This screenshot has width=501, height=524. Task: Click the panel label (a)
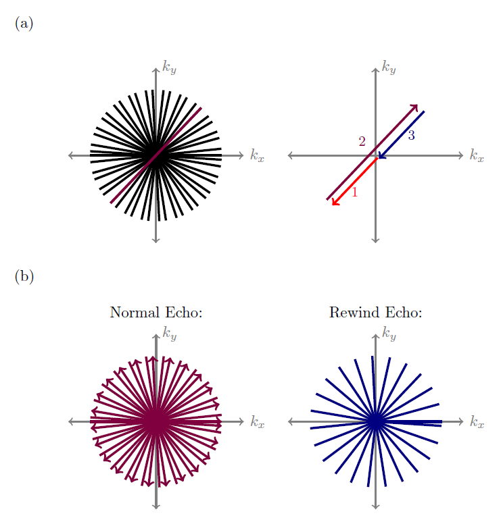23,24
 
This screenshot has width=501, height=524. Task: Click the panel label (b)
24,276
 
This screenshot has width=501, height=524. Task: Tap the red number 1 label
355,192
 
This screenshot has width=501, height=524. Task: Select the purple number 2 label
362,141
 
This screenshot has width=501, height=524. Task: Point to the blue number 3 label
411,136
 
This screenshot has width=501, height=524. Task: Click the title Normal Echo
156,313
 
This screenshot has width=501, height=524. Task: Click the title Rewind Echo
375,313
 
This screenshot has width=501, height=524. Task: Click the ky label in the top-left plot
169,67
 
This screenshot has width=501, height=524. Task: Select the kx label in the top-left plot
257,156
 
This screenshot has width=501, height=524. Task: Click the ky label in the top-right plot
388,67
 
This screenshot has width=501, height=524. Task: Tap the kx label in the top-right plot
477,156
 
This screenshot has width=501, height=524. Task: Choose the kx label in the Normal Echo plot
257,422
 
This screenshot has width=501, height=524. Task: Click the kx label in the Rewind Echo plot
477,422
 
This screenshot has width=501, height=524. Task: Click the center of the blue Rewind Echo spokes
376,421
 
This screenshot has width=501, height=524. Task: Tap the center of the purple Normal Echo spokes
156,421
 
